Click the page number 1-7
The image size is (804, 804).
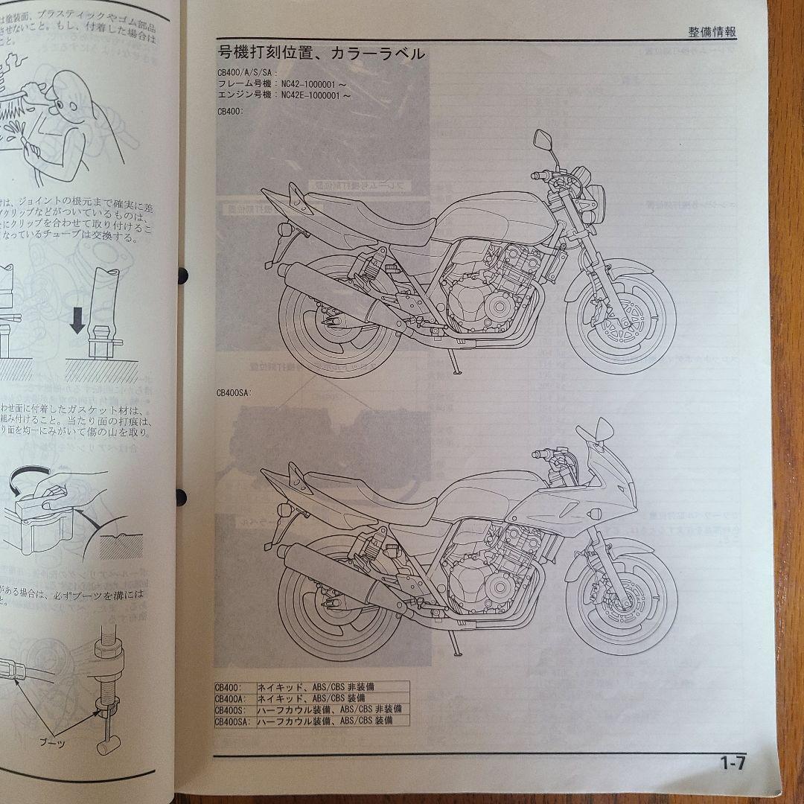[732, 763]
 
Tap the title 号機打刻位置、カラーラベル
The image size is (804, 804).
[321, 54]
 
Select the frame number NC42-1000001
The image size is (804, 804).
[312, 85]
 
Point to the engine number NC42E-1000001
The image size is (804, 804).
[318, 96]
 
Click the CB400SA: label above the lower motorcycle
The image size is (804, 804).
[232, 395]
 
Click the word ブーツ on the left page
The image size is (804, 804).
[73, 742]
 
